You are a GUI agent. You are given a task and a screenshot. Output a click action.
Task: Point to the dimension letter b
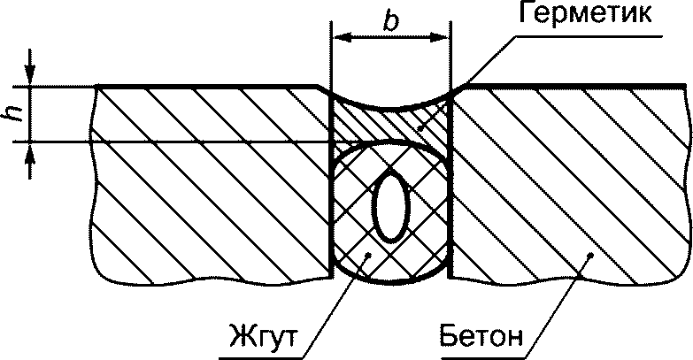[390, 21]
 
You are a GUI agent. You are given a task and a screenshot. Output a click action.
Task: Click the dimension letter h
[12, 114]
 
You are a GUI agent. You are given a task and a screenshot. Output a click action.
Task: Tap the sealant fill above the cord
[389, 124]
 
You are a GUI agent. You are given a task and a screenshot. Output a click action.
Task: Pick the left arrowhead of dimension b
[338, 38]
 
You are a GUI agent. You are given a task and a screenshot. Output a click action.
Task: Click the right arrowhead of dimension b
[443, 38]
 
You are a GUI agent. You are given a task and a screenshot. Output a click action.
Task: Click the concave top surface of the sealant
[390, 110]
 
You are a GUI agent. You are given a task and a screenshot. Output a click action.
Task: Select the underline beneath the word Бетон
[482, 351]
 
